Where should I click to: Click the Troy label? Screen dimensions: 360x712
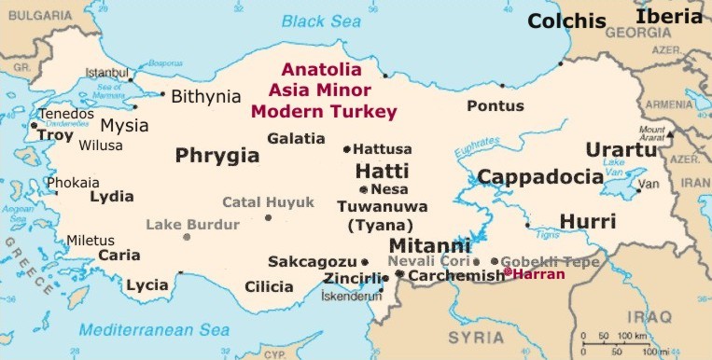click(x=54, y=135)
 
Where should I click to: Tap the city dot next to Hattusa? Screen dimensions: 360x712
click(x=347, y=149)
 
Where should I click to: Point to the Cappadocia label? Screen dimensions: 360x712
click(x=539, y=177)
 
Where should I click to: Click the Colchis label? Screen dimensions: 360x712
click(x=565, y=21)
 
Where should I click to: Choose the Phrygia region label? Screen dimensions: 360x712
click(x=216, y=155)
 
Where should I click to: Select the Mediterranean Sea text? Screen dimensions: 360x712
click(x=154, y=329)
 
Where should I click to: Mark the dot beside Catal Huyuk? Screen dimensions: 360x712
click(x=269, y=217)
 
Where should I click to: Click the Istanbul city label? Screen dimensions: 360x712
click(x=106, y=73)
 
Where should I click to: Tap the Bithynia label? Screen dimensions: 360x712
click(x=207, y=95)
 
